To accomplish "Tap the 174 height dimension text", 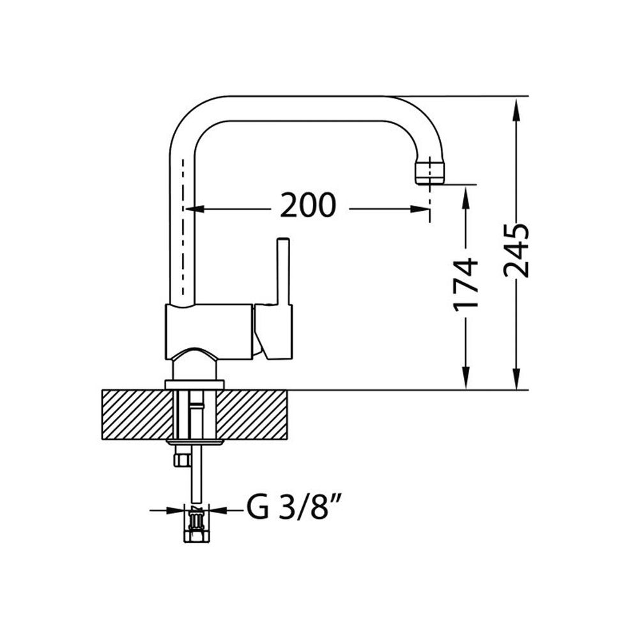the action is point(465,284).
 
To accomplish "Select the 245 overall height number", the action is point(516,250).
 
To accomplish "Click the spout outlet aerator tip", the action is point(430,172).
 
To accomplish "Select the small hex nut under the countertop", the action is point(181,459).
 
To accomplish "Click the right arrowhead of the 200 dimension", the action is point(420,209).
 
